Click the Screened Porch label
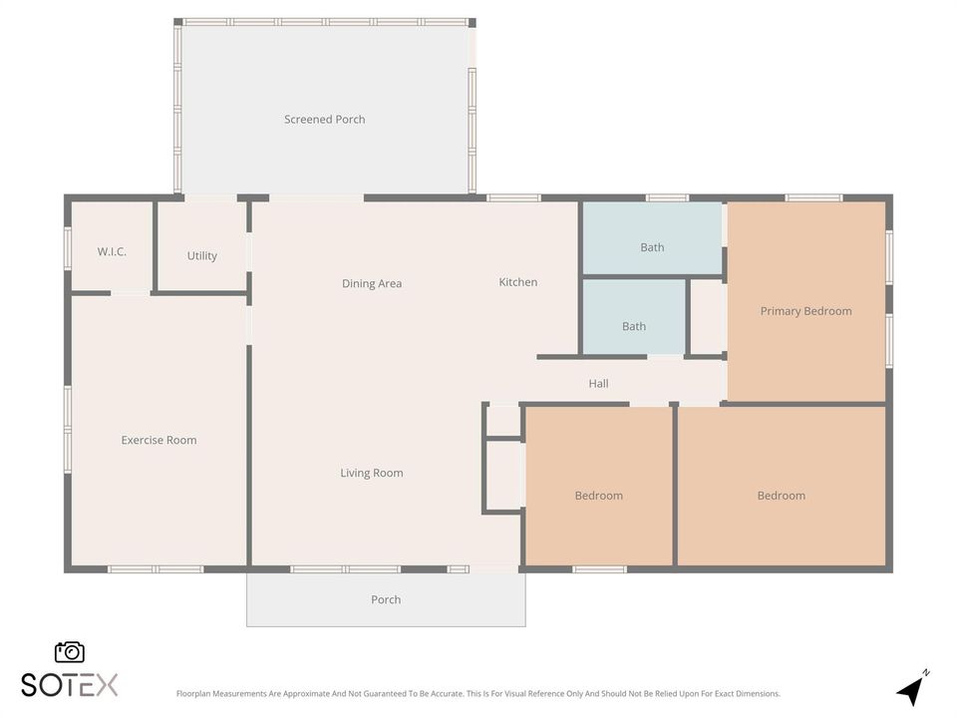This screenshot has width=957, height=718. pyautogui.click(x=325, y=120)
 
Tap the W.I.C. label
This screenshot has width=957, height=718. pyautogui.click(x=112, y=251)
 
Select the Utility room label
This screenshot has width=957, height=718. pyautogui.click(x=202, y=256)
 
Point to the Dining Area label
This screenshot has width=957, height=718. pyautogui.click(x=372, y=283)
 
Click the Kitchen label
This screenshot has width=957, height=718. pyautogui.click(x=518, y=282)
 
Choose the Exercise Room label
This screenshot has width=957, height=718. pyautogui.click(x=159, y=440)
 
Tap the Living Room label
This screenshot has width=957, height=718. pyautogui.click(x=372, y=473)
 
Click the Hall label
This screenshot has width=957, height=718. pyautogui.click(x=598, y=383)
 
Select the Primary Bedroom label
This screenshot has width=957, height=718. pyautogui.click(x=805, y=311)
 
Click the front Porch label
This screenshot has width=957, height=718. pyautogui.click(x=386, y=599)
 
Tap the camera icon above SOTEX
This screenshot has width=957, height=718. pyautogui.click(x=70, y=652)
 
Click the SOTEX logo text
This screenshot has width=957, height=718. pyautogui.click(x=70, y=684)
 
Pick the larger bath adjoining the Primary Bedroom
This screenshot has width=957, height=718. pyautogui.click(x=652, y=238)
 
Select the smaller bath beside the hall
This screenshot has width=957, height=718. pyautogui.click(x=634, y=317)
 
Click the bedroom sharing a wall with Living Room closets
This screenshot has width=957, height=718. pyautogui.click(x=599, y=486)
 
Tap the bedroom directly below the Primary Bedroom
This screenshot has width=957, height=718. pyautogui.click(x=782, y=486)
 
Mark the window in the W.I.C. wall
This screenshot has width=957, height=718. pyautogui.click(x=68, y=248)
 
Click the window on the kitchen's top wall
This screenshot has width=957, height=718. pyautogui.click(x=513, y=197)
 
